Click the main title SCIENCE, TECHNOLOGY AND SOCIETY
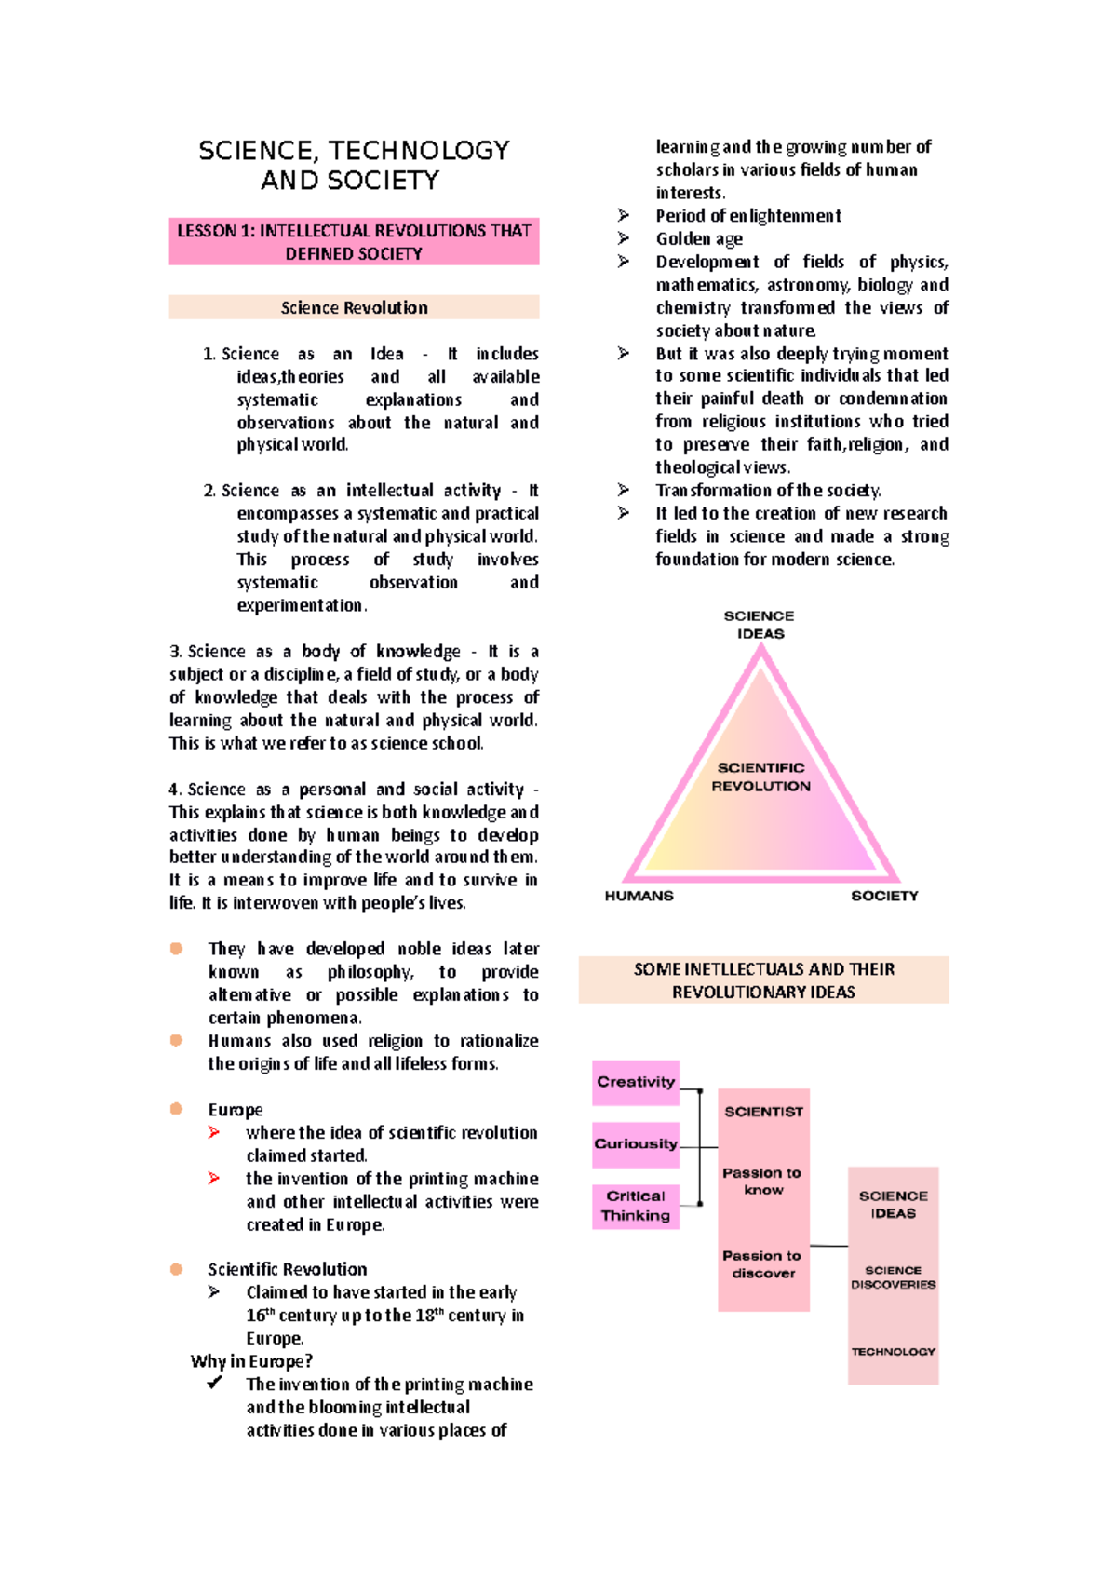tap(354, 165)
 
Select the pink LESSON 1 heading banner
tap(354, 242)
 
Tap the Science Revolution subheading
tap(354, 307)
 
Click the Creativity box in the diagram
tap(636, 1082)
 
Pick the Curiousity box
tap(636, 1144)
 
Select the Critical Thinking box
tap(636, 1206)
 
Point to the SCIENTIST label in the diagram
tap(763, 1112)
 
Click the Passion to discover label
tap(762, 1264)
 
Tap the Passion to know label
tap(762, 1181)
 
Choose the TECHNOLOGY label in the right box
tap(893, 1352)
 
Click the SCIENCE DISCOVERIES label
tap(893, 1277)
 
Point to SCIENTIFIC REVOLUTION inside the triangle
tap(761, 777)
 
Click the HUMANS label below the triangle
tap(639, 896)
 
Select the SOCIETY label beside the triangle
tap(884, 896)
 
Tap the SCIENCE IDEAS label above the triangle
tap(760, 625)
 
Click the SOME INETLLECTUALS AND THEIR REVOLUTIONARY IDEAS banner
tap(763, 980)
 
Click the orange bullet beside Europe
tap(176, 1109)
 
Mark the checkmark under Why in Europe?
tap(215, 1384)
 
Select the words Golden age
tap(699, 239)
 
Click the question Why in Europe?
tap(251, 1361)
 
